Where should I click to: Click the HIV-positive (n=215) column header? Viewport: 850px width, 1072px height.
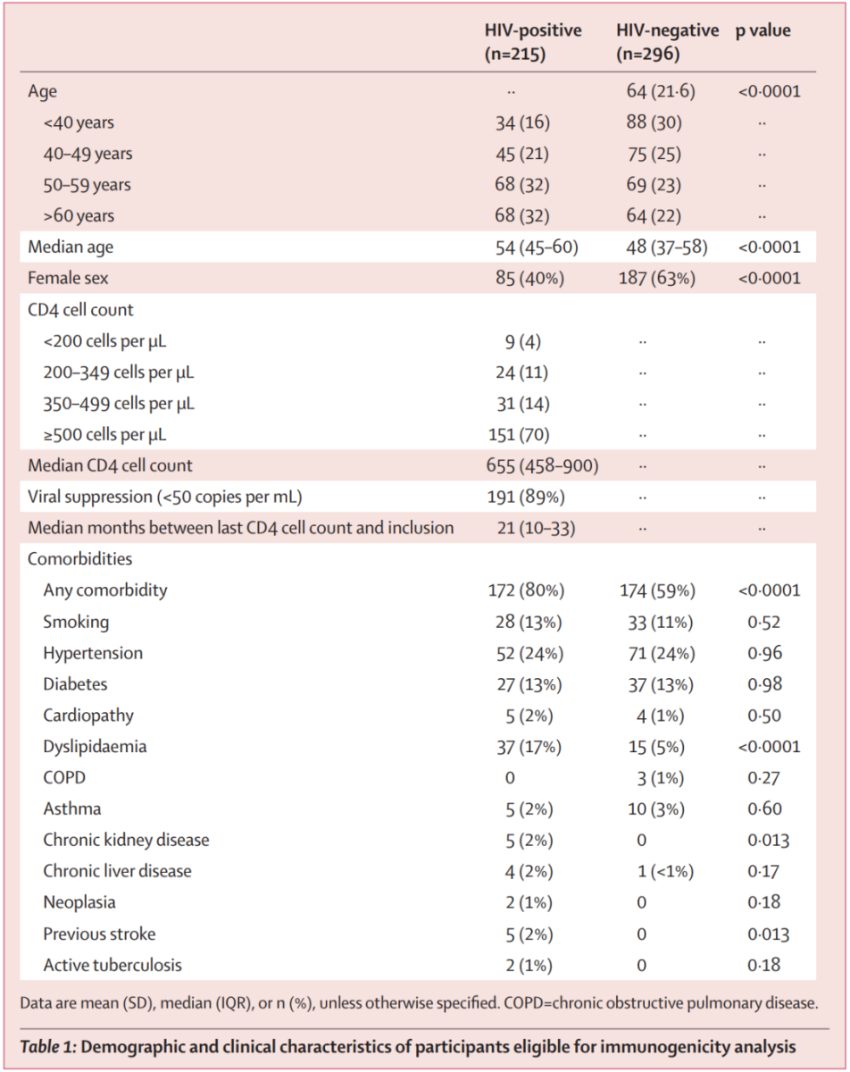pyautogui.click(x=533, y=42)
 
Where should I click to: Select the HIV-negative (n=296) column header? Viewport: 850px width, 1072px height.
pyautogui.click(x=667, y=42)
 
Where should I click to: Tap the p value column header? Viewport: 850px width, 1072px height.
pyautogui.click(x=762, y=31)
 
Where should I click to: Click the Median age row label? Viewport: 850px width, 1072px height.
pyautogui.click(x=71, y=247)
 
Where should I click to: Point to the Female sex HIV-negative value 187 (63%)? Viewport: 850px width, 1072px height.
pyautogui.click(x=657, y=279)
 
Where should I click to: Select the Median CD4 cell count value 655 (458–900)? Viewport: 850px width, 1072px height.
pyautogui.click(x=547, y=466)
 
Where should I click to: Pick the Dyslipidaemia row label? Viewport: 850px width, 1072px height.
pyautogui.click(x=94, y=747)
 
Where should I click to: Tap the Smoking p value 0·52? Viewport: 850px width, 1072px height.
pyautogui.click(x=764, y=623)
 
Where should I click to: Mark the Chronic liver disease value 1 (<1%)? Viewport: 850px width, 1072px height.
pyautogui.click(x=665, y=871)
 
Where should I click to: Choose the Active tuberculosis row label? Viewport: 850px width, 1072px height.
pyautogui.click(x=112, y=965)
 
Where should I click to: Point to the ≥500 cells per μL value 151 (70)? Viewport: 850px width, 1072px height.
pyautogui.click(x=522, y=436)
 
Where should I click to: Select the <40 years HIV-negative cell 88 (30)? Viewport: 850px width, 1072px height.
pyautogui.click(x=654, y=122)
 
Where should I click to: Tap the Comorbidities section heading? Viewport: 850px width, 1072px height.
pyautogui.click(x=79, y=559)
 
